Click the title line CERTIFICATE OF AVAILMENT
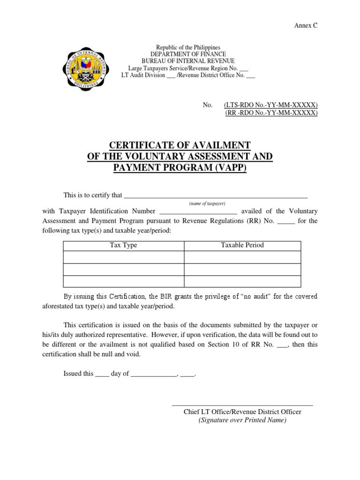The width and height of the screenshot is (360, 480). tap(180, 145)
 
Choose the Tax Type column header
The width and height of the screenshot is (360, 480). tap(123, 245)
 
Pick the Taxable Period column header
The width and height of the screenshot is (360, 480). tap(242, 245)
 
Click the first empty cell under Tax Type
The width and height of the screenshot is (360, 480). tap(123, 257)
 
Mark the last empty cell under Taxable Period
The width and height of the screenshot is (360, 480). tap(242, 281)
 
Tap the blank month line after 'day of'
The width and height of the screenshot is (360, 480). tap(153, 375)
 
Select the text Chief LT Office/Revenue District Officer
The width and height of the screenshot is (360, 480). tap(242, 412)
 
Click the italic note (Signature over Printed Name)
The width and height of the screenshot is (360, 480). tap(242, 420)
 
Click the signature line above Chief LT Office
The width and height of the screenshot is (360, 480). tap(242, 404)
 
